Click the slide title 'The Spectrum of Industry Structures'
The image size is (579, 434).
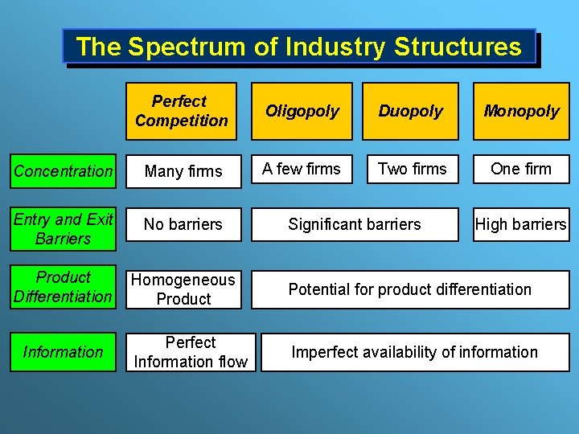pyautogui.click(x=298, y=47)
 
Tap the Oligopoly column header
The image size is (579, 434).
pyautogui.click(x=302, y=111)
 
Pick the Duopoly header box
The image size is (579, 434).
pyautogui.click(x=410, y=111)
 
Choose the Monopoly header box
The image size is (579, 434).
pyautogui.click(x=521, y=111)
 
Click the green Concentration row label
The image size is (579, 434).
pyautogui.click(x=64, y=170)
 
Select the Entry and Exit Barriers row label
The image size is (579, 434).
pyautogui.click(x=64, y=229)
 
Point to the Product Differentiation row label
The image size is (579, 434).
pyautogui.click(x=64, y=287)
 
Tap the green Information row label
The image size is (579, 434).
pyautogui.click(x=64, y=352)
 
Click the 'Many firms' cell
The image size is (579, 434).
pyautogui.click(x=183, y=170)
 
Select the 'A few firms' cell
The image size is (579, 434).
pyautogui.click(x=302, y=170)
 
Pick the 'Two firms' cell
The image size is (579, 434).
pyautogui.click(x=411, y=170)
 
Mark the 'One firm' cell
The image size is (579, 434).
pyautogui.click(x=521, y=170)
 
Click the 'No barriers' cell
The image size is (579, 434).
pyautogui.click(x=183, y=225)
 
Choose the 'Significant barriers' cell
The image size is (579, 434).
pyautogui.click(x=355, y=225)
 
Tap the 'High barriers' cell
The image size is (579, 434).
pyautogui.click(x=521, y=225)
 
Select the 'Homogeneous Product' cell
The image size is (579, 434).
pyautogui.click(x=183, y=289)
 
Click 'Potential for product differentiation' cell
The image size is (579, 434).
pyautogui.click(x=410, y=289)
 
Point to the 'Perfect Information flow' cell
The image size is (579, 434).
pyautogui.click(x=191, y=352)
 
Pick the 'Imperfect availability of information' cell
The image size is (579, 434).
pyautogui.click(x=414, y=352)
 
